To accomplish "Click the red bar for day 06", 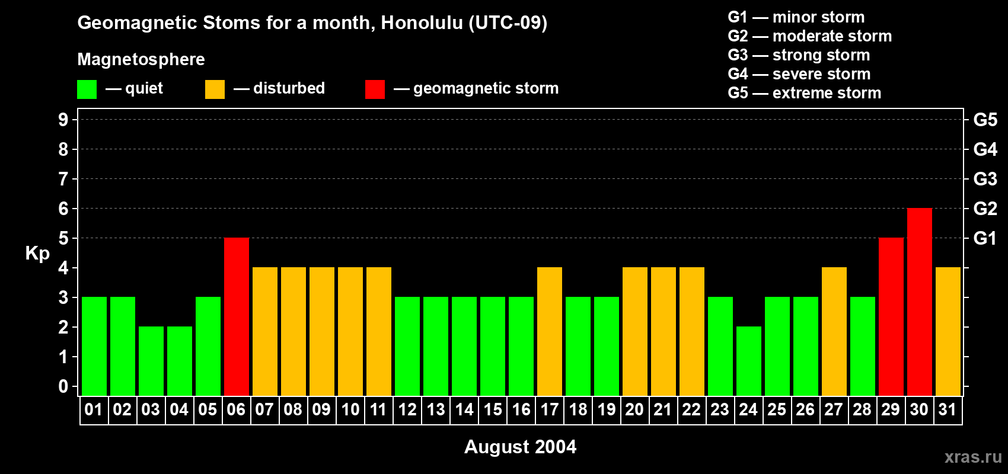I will (x=237, y=317).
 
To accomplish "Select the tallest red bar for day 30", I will (x=920, y=302).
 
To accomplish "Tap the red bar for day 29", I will (x=891, y=317).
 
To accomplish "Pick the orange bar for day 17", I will (x=550, y=332).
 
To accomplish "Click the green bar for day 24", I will (x=749, y=361).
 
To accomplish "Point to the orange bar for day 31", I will (x=948, y=332).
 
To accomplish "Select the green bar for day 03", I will (x=151, y=361).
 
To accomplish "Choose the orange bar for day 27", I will (x=834, y=332).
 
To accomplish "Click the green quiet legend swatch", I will (x=87, y=89).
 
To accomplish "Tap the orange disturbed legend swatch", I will (x=215, y=89).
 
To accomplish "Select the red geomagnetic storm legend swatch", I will (x=375, y=89).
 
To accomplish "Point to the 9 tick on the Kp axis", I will (x=63, y=120).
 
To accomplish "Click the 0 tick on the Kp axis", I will (x=63, y=387).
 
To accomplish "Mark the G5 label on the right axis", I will (x=985, y=120).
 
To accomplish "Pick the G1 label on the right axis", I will (x=985, y=238).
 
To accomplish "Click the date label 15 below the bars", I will (x=493, y=410).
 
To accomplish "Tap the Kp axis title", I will (x=37, y=254).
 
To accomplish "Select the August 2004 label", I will (x=520, y=447).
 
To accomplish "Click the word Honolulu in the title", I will (x=422, y=23).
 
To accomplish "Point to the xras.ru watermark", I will (x=973, y=457).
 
